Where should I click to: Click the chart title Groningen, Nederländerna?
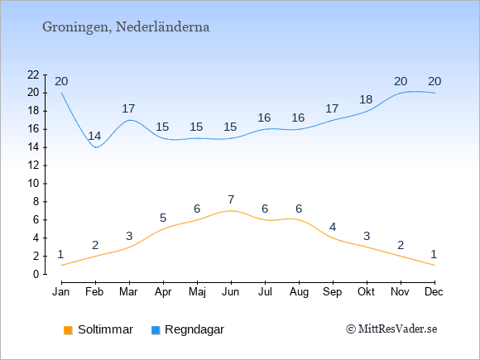126,27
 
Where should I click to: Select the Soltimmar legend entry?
98,329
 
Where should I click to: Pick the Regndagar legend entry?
188,329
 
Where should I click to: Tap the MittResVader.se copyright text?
391,329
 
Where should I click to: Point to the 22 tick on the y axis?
33,74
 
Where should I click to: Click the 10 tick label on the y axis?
33,184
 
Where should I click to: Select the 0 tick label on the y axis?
36,274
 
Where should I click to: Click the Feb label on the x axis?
94,292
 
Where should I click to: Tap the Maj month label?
197,292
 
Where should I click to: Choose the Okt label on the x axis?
366,292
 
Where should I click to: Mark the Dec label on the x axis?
434,292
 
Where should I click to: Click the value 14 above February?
94,136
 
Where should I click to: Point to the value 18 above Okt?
366,99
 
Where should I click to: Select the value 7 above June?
231,199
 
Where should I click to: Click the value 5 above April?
163,218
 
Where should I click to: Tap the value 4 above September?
333,227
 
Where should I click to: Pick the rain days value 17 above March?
128,108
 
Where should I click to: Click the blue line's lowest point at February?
96,147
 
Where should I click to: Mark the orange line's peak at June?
231,210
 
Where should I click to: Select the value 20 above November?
401,81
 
